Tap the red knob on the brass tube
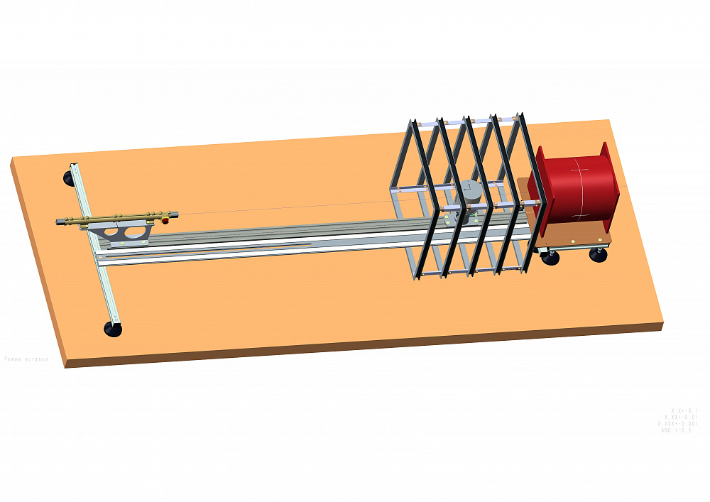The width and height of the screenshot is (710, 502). point(165,221)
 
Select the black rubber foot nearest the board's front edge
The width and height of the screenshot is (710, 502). point(112,329)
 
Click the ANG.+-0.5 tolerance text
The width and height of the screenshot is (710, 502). point(676,430)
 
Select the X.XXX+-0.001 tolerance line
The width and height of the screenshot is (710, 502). point(677,424)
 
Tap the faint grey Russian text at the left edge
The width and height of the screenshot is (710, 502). point(26,359)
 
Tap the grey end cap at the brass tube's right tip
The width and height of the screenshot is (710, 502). point(175,213)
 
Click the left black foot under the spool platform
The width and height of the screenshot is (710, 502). point(550,258)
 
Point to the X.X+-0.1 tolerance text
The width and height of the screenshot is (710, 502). point(684,410)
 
